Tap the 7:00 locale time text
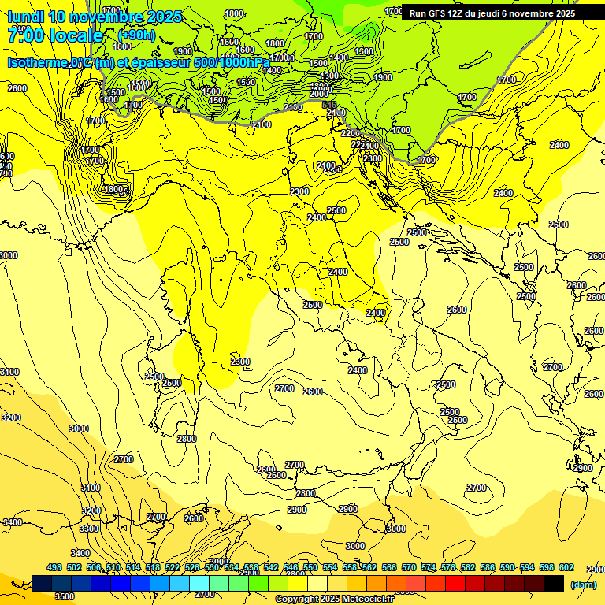point(55,35)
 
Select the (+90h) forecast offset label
point(136,35)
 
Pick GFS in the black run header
point(436,13)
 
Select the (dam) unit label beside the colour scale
point(583,584)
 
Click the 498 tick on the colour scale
point(54,568)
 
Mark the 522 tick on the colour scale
point(173,568)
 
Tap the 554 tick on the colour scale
point(330,568)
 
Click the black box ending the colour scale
point(554,583)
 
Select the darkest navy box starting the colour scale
point(43,583)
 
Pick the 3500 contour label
point(65,596)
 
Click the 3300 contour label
point(89,529)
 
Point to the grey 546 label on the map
point(329,105)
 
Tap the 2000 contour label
point(318,94)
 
